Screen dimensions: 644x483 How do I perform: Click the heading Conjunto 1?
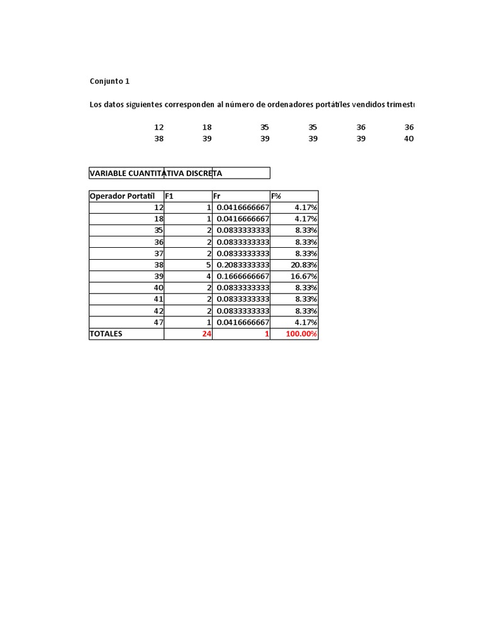point(110,81)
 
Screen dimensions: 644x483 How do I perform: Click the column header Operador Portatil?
point(122,196)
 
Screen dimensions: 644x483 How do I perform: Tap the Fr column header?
point(217,196)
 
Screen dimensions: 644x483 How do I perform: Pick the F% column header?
point(276,196)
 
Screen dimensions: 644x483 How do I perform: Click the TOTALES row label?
point(106,334)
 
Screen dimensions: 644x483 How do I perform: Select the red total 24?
point(206,334)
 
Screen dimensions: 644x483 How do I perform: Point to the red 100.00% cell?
point(301,334)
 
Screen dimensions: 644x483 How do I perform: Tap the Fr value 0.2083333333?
point(243,265)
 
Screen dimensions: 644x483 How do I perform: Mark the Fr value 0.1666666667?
point(243,276)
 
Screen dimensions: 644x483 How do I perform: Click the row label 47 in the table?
point(158,322)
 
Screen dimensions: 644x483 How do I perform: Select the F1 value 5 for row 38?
point(208,265)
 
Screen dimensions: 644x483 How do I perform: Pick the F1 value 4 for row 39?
point(208,276)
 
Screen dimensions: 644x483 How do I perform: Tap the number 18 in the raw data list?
point(207,127)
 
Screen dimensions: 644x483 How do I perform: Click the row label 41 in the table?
point(158,299)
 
